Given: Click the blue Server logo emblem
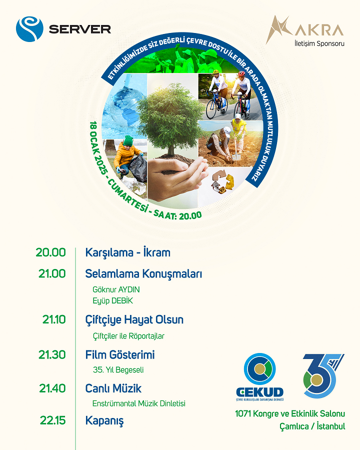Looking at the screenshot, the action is pyautogui.click(x=29, y=29).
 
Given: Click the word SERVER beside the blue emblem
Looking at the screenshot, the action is pyautogui.click(x=80, y=29).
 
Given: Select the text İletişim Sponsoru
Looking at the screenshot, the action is pyautogui.click(x=319, y=43).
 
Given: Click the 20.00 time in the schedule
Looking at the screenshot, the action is pyautogui.click(x=51, y=252).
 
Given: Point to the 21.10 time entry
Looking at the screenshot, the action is pyautogui.click(x=54, y=319).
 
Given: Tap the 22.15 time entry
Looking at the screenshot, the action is pyautogui.click(x=53, y=420).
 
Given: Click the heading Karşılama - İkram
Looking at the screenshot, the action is pyautogui.click(x=128, y=252).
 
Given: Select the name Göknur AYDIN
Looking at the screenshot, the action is pyautogui.click(x=116, y=289).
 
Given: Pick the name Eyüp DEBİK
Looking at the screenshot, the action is pyautogui.click(x=112, y=301).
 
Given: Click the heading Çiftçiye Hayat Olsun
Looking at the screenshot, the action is pyautogui.click(x=134, y=320).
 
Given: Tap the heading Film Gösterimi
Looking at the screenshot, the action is pyautogui.click(x=120, y=355).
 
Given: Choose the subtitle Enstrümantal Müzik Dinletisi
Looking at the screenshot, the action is pyautogui.click(x=138, y=403).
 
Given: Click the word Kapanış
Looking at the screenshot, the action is pyautogui.click(x=104, y=421).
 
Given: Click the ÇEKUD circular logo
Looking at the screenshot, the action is pyautogui.click(x=260, y=369).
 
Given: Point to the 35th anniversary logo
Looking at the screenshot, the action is pyautogui.click(x=323, y=376).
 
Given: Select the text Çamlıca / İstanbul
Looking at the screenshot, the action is pyautogui.click(x=312, y=426).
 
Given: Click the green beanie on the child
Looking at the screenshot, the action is pyautogui.click(x=128, y=140).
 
